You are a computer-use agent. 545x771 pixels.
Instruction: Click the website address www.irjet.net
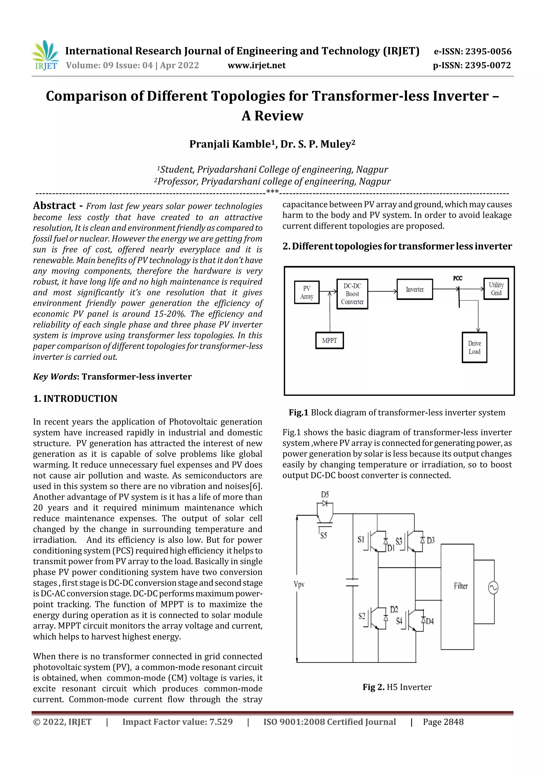tap(257, 65)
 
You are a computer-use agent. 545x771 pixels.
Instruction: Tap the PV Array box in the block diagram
tap(307, 292)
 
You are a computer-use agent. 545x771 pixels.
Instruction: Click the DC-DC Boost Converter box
tap(352, 294)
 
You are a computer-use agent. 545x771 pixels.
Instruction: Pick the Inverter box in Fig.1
tap(415, 289)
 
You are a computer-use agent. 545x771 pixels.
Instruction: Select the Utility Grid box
tap(496, 289)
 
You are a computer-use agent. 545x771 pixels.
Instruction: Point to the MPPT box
tap(329, 340)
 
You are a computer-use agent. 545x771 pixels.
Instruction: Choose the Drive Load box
tap(474, 347)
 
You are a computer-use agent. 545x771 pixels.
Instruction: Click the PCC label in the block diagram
tap(457, 278)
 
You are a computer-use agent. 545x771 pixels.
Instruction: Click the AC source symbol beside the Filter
tap(493, 588)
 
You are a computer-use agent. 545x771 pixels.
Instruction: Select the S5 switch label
tap(323, 536)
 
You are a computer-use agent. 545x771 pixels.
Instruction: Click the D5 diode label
tap(325, 495)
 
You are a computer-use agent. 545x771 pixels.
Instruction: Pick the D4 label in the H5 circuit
tap(430, 621)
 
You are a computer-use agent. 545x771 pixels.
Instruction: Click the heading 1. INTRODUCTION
tap(75, 399)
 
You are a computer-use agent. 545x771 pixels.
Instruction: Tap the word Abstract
tap(54, 205)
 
